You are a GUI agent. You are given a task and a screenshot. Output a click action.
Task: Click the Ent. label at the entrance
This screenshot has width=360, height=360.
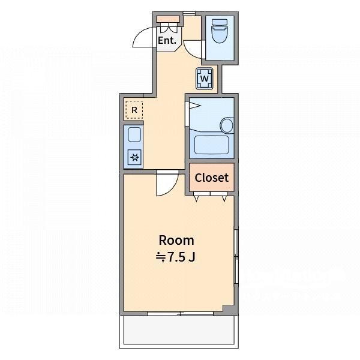tap(167, 40)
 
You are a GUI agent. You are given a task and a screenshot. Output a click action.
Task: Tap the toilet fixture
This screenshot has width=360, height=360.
tap(220, 31)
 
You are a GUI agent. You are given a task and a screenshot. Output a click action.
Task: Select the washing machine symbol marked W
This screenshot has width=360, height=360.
tap(205, 79)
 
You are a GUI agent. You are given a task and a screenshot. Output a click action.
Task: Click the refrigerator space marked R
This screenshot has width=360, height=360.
tap(134, 110)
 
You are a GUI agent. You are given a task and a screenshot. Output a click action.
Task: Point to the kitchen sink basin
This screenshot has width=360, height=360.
tap(134, 134)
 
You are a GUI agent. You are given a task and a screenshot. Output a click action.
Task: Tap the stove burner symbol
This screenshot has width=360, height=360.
tap(134, 157)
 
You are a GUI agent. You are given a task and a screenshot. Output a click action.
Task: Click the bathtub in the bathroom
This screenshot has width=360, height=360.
tap(211, 145)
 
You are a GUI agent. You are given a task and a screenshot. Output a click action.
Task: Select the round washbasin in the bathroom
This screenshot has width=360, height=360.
tap(227, 125)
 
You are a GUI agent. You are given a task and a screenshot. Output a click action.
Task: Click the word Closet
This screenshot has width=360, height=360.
tap(211, 178)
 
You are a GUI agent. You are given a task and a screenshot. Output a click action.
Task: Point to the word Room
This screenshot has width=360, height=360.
tap(176, 241)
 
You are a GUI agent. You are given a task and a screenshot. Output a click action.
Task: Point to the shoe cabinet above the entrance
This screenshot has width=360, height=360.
tap(168, 19)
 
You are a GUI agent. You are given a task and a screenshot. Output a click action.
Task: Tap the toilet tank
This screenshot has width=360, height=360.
tap(220, 22)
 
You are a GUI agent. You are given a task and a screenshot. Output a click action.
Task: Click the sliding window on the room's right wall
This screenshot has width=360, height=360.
tap(236, 256)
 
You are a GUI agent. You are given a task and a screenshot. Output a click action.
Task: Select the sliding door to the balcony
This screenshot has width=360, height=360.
tap(180, 314)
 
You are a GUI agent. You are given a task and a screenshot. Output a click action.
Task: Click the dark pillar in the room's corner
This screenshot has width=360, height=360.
tap(229, 309)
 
